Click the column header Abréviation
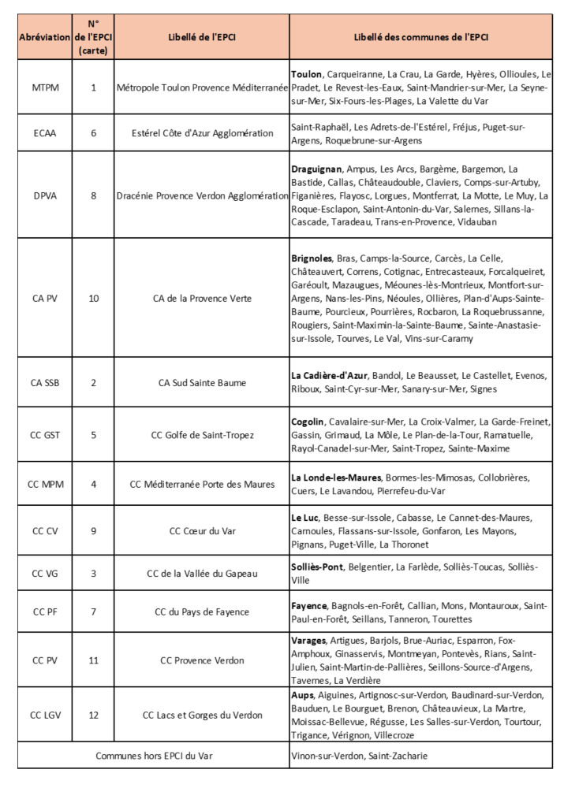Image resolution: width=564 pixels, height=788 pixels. (x=44, y=37)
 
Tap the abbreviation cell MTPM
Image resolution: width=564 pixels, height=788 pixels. (x=44, y=87)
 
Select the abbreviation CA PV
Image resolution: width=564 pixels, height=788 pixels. (x=44, y=298)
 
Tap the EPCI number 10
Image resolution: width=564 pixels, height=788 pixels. (x=94, y=298)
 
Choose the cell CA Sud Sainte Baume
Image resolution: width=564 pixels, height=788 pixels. (x=202, y=383)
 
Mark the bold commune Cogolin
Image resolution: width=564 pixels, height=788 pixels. (x=308, y=421)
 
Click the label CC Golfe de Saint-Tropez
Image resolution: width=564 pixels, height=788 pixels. (x=202, y=434)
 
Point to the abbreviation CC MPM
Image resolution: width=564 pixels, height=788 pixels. (x=44, y=484)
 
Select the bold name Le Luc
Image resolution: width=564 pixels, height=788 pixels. (x=304, y=517)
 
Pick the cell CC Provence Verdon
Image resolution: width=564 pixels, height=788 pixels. (x=202, y=660)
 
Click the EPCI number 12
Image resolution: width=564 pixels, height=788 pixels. (x=94, y=715)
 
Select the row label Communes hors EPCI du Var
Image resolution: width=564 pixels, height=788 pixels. (x=153, y=756)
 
